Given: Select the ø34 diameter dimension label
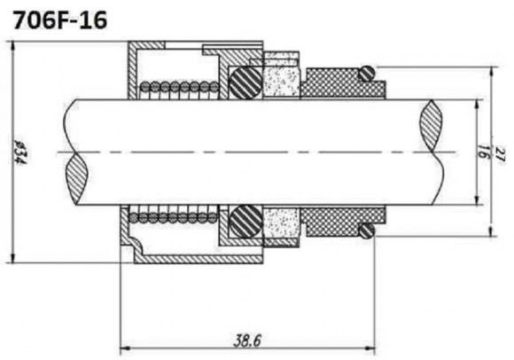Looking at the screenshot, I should click(x=18, y=153).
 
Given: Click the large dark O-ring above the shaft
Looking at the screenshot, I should click(x=245, y=84).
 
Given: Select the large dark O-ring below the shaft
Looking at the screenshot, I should click(x=245, y=220).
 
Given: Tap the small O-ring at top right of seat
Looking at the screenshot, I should click(x=368, y=72).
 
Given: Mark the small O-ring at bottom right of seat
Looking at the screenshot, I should click(x=366, y=231).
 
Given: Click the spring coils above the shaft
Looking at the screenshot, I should click(x=181, y=87).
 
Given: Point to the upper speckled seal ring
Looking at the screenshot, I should click(x=281, y=78).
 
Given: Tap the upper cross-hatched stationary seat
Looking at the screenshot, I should click(x=337, y=85).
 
